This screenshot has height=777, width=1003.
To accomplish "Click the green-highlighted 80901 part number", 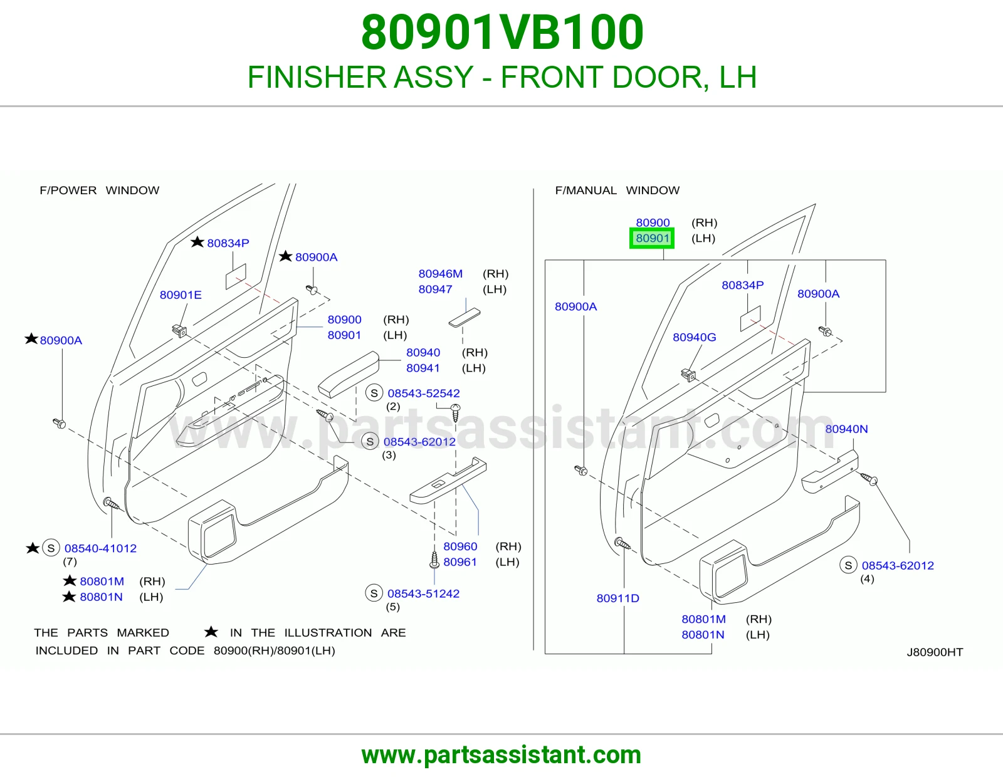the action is point(652,238).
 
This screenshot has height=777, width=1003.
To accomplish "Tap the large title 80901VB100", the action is point(502,33).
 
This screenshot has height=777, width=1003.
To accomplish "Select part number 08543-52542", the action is point(423,393).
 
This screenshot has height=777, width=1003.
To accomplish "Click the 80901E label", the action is point(181,295).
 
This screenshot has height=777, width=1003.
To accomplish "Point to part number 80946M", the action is point(440,274).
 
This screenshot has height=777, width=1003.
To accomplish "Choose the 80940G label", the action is point(694,337).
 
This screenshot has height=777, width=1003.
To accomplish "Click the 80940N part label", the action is point(846,429).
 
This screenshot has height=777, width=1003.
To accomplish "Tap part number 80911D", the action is point(617,598).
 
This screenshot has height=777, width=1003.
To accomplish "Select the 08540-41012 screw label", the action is point(100,548).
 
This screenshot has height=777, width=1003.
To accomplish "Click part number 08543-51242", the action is point(423,593).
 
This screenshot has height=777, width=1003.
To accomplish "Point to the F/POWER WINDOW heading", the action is point(99,190).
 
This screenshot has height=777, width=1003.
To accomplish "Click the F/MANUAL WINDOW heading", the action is point(617,190).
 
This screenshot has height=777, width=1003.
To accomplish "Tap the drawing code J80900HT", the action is point(935,652).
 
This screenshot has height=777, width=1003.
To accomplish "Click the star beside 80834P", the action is point(197,242).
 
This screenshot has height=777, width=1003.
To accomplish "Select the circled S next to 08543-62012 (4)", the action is point(848,565).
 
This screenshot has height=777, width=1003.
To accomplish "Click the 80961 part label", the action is point(459,562).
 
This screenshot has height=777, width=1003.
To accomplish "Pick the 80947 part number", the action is point(435,289).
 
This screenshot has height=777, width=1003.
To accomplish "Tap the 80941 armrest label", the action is point(423,368).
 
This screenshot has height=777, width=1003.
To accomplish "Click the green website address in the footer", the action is point(501,755).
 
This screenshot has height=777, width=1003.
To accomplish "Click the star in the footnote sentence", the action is point(211,632).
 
